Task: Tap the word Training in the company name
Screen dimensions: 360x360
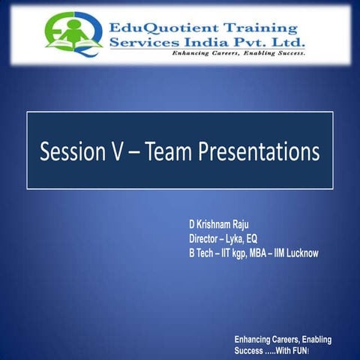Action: (x=267, y=26)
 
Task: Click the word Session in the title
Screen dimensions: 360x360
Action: (x=72, y=151)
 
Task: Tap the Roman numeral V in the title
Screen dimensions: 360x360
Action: (x=117, y=151)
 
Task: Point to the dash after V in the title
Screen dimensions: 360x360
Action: (x=136, y=152)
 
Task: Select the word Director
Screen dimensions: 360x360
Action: (x=206, y=239)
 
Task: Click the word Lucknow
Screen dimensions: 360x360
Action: (x=298, y=253)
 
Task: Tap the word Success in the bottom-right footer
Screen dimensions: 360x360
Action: (x=250, y=350)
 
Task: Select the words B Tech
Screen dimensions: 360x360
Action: (x=200, y=253)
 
